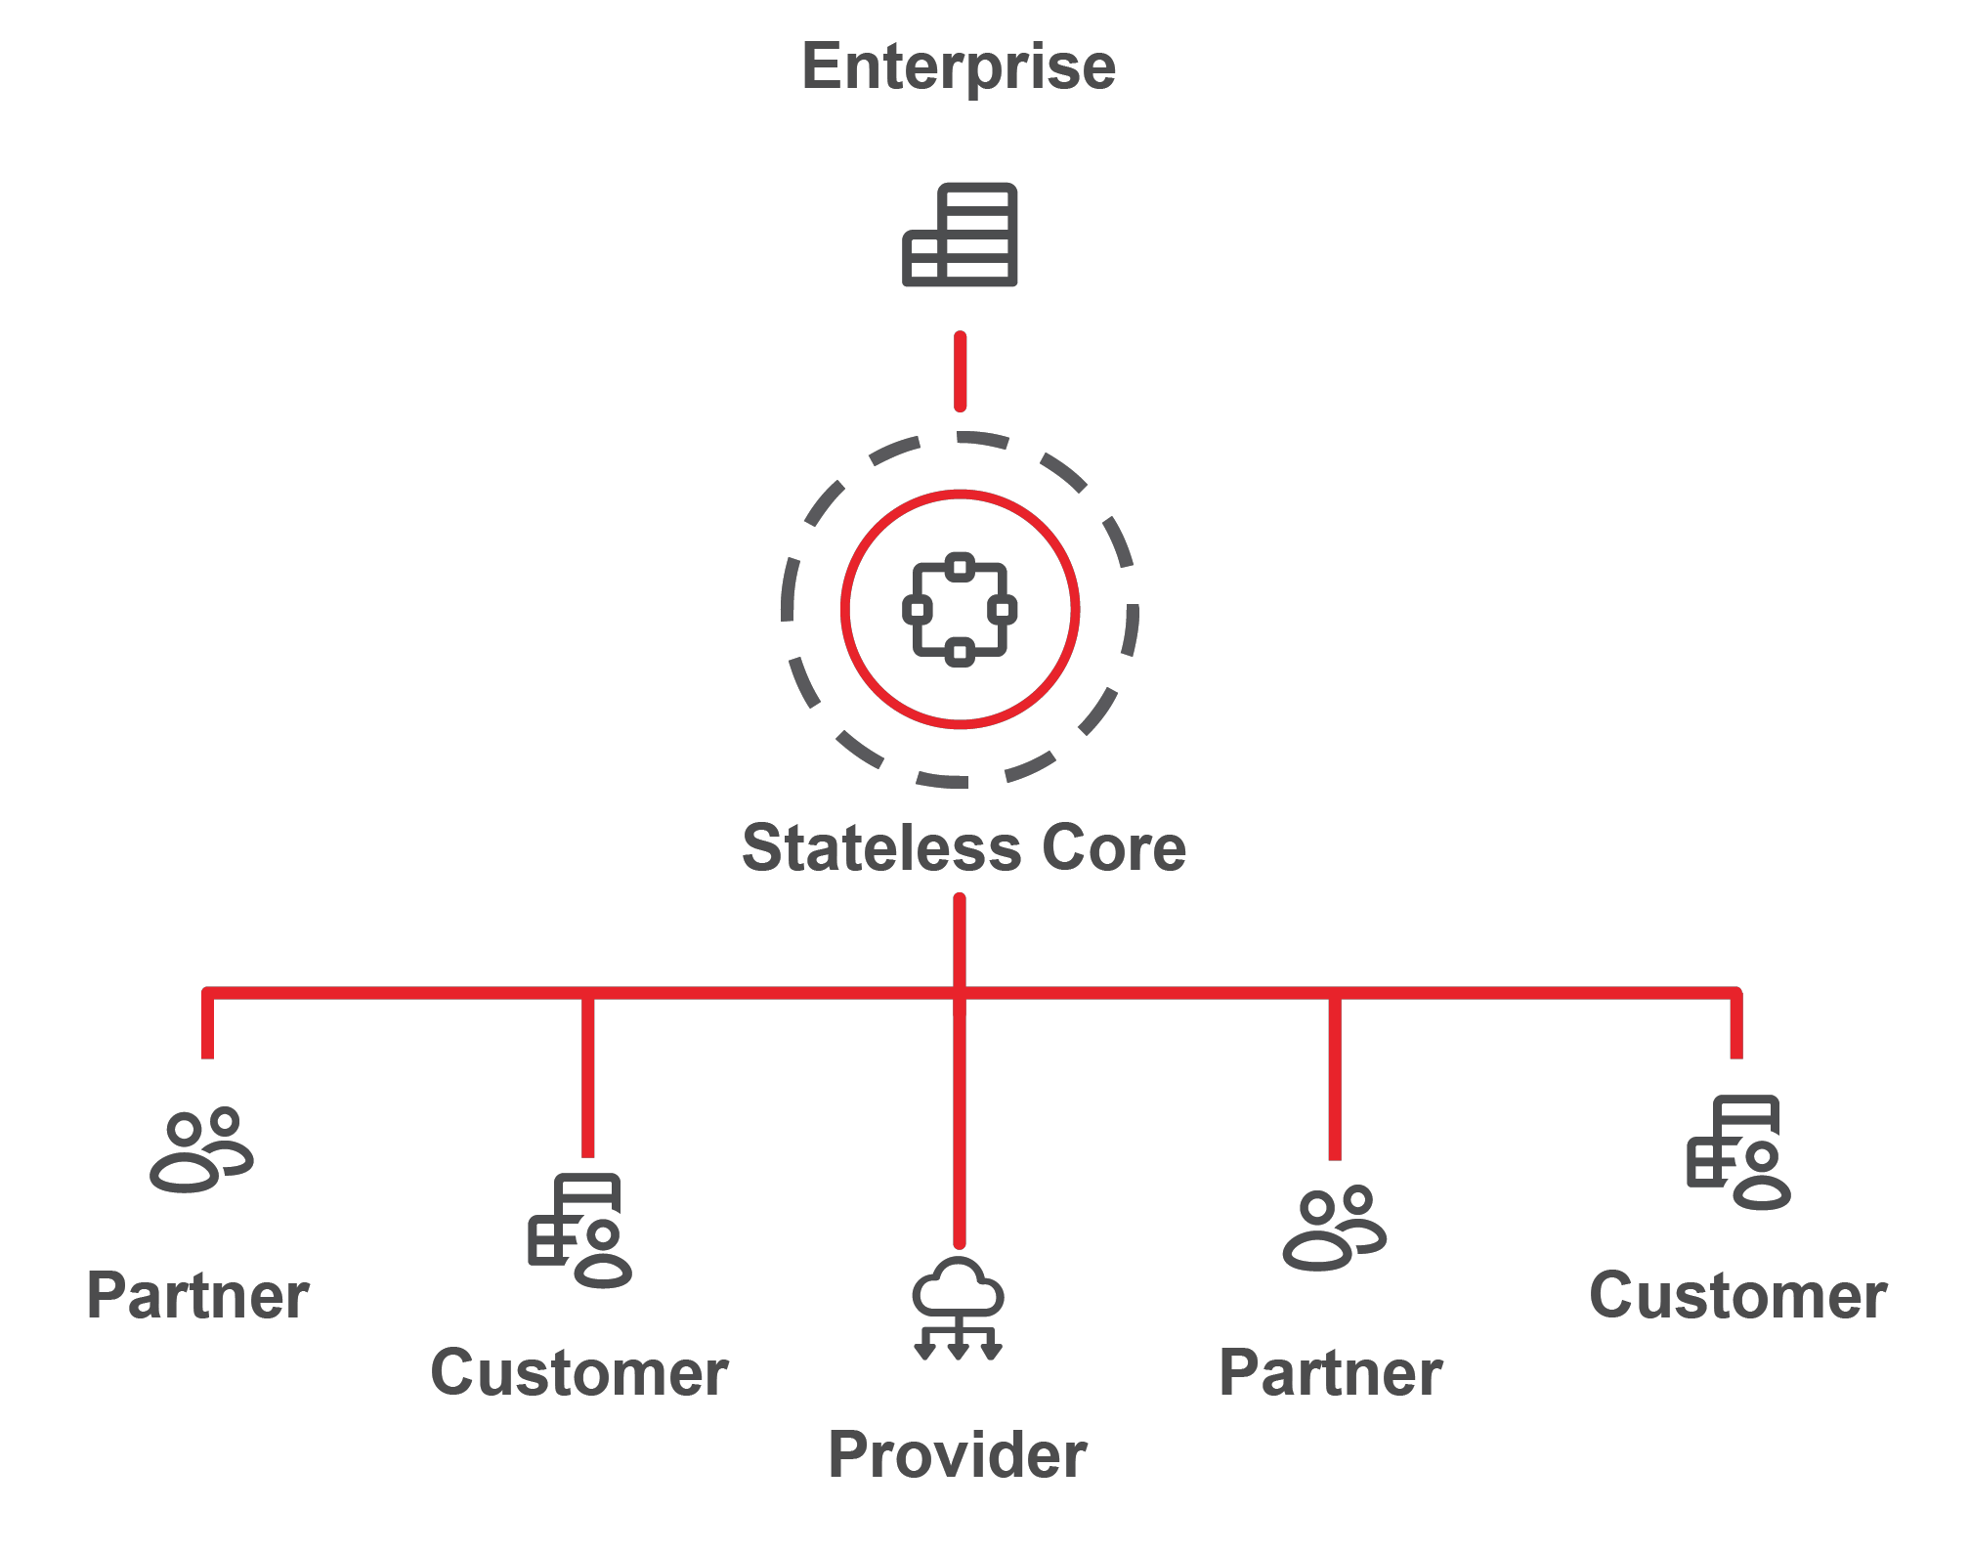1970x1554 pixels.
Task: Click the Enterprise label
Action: tap(959, 67)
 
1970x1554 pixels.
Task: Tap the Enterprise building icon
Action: tap(960, 235)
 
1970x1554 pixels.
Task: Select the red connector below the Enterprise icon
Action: tap(961, 371)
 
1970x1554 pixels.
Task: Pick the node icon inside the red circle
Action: tap(960, 610)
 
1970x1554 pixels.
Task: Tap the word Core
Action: tap(1114, 847)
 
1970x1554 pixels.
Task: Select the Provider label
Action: tap(958, 1454)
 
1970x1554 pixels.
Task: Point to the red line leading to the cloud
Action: tap(960, 1124)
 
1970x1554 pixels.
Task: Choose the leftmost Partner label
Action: tap(198, 1296)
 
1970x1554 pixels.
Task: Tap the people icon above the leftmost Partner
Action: tap(201, 1149)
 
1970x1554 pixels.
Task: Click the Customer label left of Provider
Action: tap(579, 1373)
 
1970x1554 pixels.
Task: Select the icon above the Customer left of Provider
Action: tap(579, 1230)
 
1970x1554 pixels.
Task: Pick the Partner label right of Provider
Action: tap(1331, 1373)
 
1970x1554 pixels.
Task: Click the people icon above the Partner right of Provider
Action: tap(1335, 1229)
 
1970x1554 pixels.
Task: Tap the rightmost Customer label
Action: tap(1738, 1296)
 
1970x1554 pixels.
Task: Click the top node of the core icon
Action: tap(960, 567)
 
